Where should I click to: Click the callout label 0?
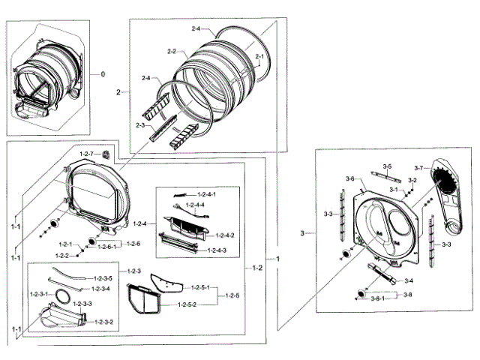coord(103,75)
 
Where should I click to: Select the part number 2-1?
coord(260,57)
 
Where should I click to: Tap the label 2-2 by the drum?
coord(170,51)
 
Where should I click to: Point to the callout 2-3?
coord(141,124)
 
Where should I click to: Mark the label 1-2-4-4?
coord(196,205)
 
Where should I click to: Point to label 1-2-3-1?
coord(38,293)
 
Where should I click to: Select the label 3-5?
coord(387,166)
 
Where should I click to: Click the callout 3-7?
coord(418,167)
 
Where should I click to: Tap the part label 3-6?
coord(350,178)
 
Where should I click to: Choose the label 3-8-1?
coord(379,298)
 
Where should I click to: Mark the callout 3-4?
coord(409,280)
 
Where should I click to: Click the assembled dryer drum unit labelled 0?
coord(49,75)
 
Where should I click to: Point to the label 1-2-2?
coord(64,256)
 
